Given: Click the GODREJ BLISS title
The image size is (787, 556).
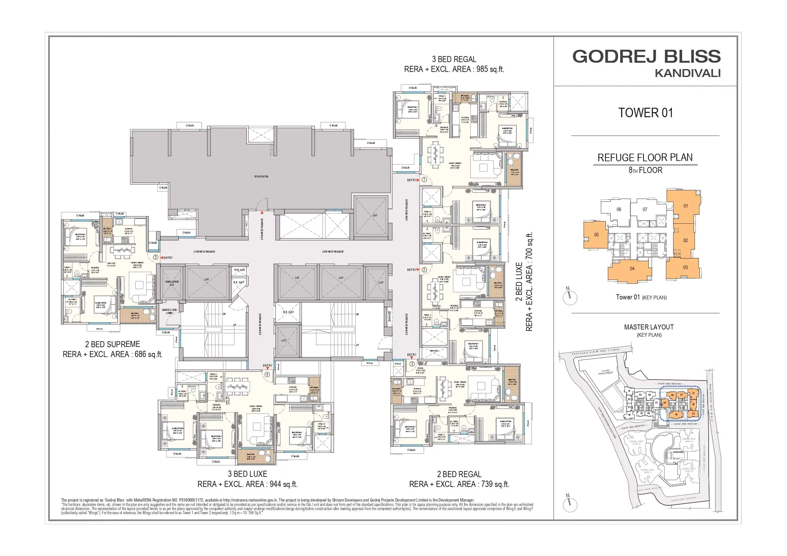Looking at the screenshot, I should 646,56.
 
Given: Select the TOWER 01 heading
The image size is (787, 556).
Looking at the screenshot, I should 646,113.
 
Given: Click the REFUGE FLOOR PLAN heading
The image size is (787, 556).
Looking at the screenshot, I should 645,157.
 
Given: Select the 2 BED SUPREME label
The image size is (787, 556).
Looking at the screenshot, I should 113,344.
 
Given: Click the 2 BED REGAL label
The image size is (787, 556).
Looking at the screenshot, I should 459,475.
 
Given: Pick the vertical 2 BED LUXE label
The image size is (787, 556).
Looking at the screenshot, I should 519,282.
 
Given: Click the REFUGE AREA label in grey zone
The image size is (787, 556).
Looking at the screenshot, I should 261,176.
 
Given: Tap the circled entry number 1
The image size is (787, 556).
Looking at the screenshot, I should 424,180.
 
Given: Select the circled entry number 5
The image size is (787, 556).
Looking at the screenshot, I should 156,257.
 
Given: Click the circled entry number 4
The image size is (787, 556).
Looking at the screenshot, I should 267,374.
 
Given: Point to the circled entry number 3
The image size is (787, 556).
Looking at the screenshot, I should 412,364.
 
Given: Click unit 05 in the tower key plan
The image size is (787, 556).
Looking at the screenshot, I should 596,235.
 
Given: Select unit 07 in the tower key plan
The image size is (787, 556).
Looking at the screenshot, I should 645,209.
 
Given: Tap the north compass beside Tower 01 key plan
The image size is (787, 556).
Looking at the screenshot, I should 570,297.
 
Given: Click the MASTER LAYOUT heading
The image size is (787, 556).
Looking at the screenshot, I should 648,327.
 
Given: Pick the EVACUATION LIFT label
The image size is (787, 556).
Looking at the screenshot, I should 172,283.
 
